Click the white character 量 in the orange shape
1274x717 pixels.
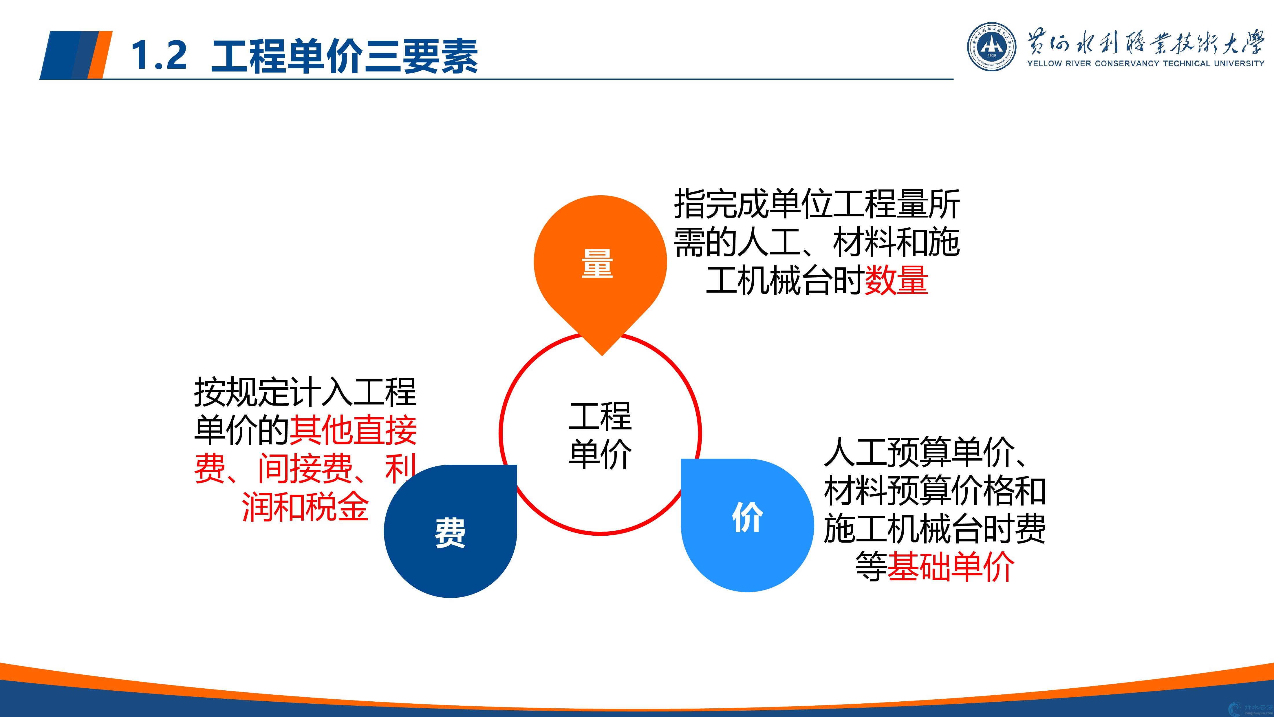click(597, 263)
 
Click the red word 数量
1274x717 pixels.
click(896, 280)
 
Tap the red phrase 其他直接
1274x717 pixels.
click(353, 430)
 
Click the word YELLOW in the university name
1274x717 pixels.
click(1044, 63)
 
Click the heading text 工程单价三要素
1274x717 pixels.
click(344, 55)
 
